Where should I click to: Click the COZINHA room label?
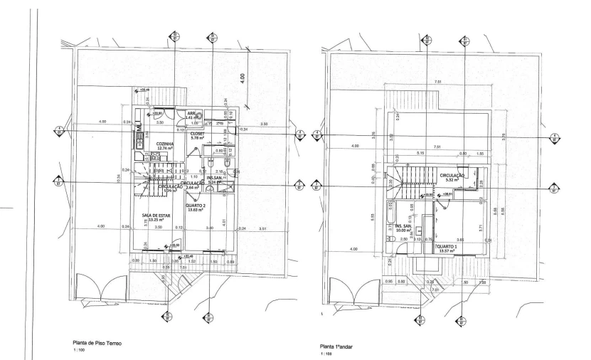[166, 143]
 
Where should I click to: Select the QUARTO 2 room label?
[197, 206]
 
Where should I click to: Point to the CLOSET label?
[197, 133]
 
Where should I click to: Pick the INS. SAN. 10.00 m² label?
[404, 226]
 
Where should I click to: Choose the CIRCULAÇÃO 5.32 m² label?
[452, 175]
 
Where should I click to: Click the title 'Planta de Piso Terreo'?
[93, 343]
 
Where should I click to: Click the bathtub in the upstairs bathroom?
[391, 214]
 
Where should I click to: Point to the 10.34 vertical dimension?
[117, 181]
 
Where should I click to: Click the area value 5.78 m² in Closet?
[197, 138]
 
